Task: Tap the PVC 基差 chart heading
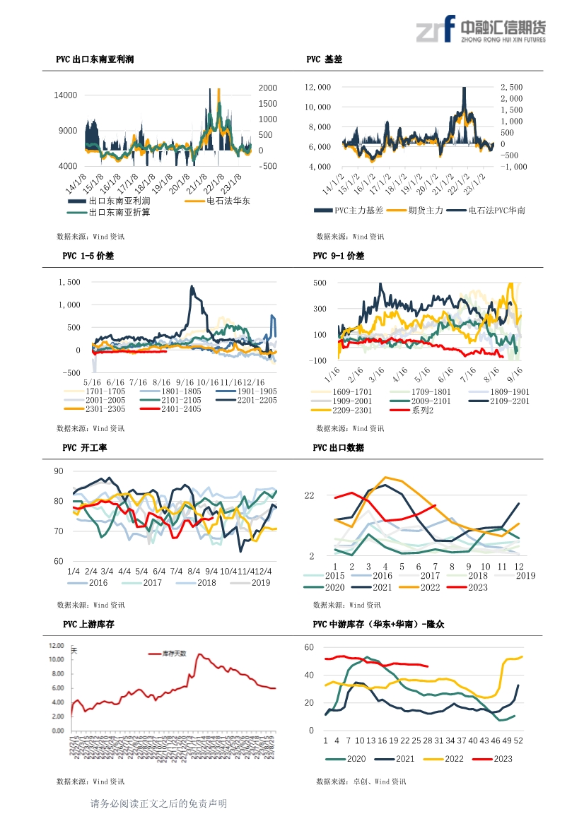(325, 60)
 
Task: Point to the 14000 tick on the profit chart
(66, 95)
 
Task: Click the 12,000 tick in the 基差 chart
(317, 87)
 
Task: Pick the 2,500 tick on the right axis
(511, 87)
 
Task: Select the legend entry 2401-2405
(180, 409)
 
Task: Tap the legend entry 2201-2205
(256, 400)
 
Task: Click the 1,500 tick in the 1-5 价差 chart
(70, 282)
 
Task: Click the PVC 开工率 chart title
(84, 448)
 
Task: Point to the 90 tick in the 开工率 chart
(59, 471)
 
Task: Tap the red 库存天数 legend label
(173, 654)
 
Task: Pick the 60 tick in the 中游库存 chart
(309, 647)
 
